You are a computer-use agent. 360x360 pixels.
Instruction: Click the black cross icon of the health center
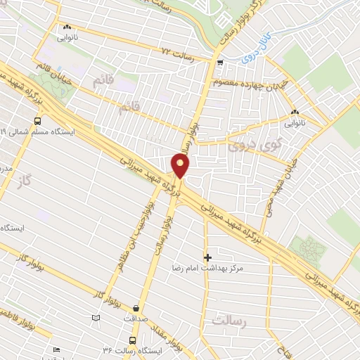click(207, 257)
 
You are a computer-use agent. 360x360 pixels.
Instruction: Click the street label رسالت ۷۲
click(177, 53)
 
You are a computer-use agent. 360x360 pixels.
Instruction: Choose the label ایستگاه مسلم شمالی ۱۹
click(42, 131)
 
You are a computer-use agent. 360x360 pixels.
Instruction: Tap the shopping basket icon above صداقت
click(136, 307)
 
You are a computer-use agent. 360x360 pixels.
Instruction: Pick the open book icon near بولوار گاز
click(96, 319)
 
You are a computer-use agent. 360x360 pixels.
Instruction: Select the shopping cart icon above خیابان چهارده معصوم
click(221, 64)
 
